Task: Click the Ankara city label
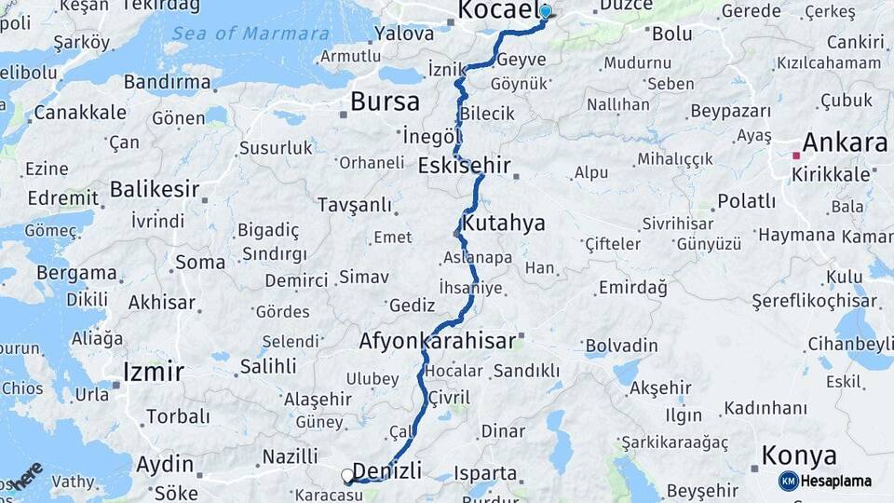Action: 844,143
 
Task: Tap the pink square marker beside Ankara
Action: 795,156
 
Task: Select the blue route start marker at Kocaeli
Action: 545,12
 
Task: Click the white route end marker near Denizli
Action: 348,476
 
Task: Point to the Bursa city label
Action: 385,102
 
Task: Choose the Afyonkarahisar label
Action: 437,342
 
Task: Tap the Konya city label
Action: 798,456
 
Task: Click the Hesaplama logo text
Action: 835,481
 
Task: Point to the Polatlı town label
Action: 746,201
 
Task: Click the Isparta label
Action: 485,473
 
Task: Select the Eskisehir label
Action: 465,167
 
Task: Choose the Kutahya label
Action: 504,224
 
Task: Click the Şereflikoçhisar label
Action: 816,301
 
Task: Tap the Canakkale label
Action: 80,113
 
